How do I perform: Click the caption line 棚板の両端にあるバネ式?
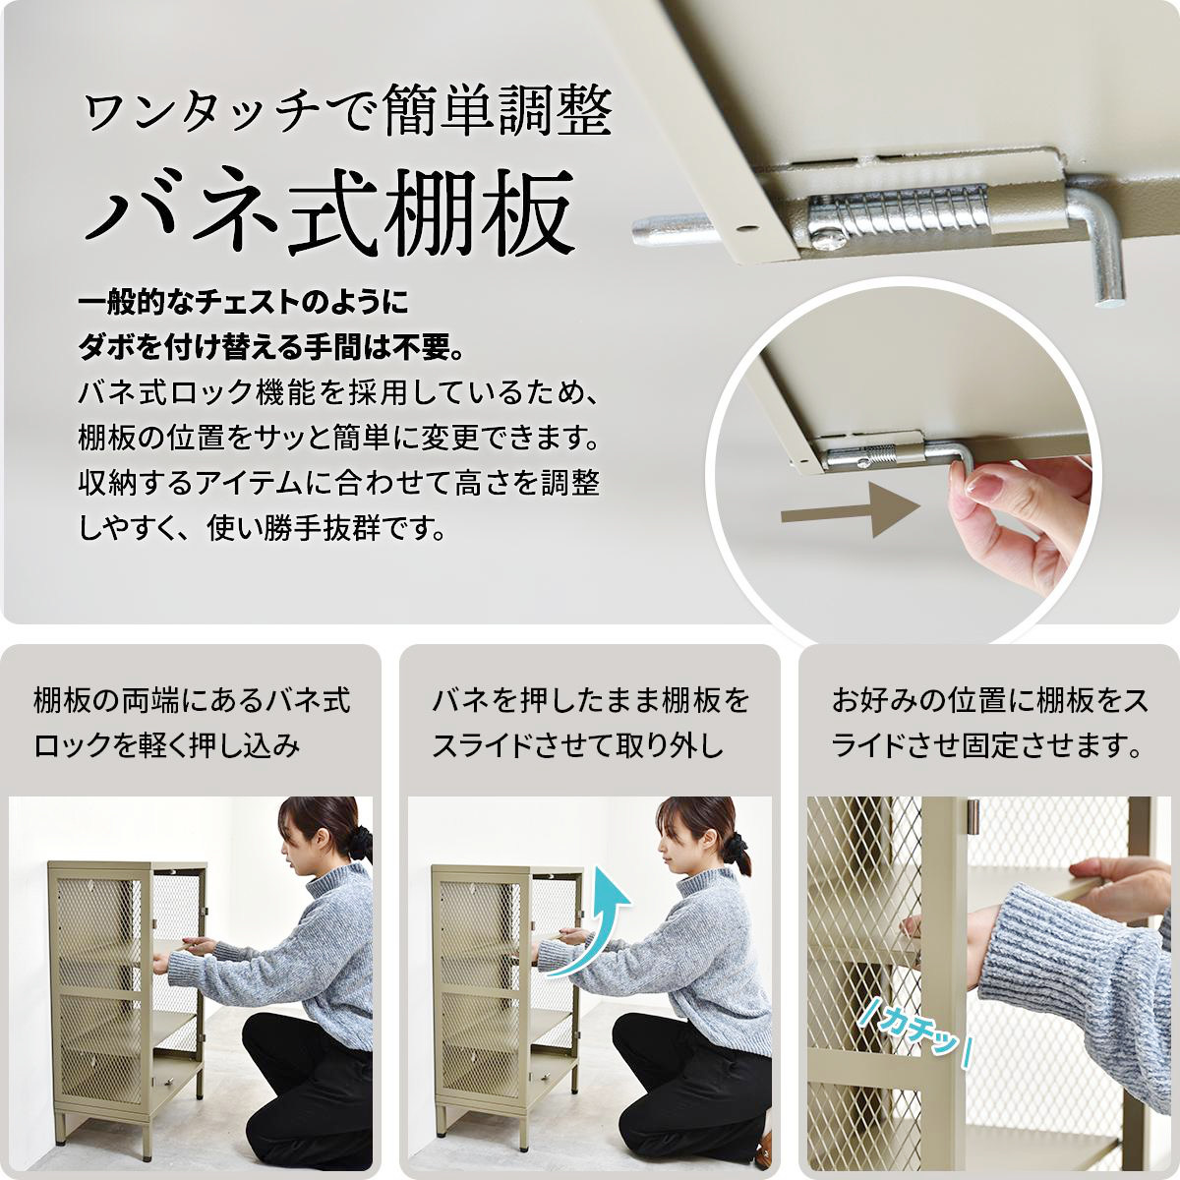click(x=193, y=701)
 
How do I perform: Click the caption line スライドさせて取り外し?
click(x=578, y=746)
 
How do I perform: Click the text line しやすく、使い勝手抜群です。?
click(x=264, y=528)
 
